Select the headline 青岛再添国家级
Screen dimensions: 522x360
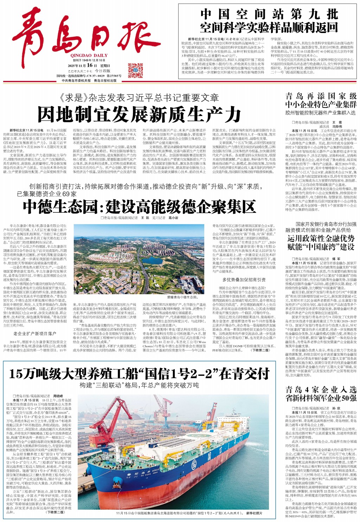coord(321,96)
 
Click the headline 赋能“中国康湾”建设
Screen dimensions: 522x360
coord(321,247)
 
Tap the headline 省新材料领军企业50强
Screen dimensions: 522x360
coord(321,399)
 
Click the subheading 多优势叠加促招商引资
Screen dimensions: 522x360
coord(244,280)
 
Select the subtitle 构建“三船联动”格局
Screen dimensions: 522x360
coord(139,385)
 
